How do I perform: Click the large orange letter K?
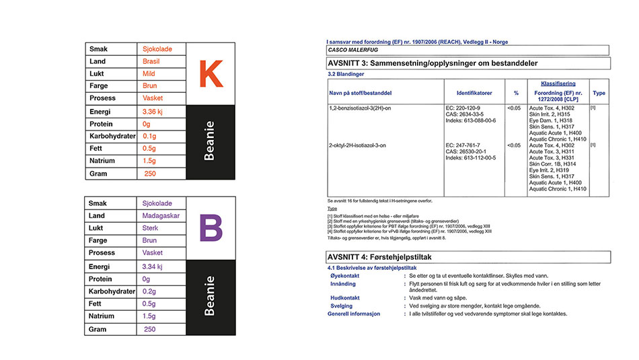pos(210,74)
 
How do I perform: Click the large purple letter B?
pos(210,228)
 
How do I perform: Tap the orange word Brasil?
pos(151,62)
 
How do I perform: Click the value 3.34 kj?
pos(154,266)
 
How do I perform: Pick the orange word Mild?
pos(149,74)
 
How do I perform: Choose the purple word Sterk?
pos(151,228)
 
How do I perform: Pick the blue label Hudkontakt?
pos(346,297)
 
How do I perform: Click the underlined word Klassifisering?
pos(557,83)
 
